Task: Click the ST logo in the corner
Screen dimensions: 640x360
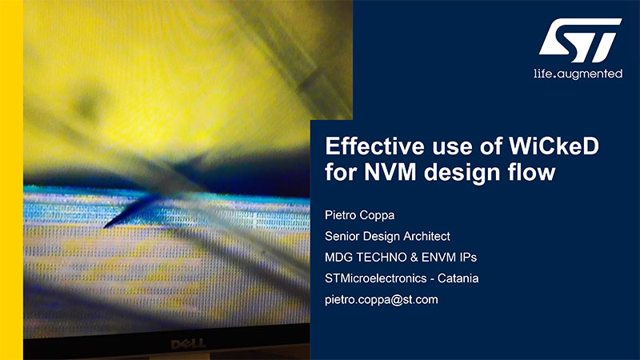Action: [581, 40]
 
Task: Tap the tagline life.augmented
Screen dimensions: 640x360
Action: [578, 74]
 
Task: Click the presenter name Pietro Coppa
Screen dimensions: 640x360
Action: [359, 215]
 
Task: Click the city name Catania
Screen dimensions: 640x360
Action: [458, 278]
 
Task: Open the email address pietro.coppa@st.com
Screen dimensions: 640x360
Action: [382, 300]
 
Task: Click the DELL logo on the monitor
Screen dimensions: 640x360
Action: [188, 345]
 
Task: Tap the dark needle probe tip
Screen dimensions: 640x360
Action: [106, 226]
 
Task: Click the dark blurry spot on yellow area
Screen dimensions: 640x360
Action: [87, 103]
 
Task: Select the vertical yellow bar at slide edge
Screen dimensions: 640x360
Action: [11, 180]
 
